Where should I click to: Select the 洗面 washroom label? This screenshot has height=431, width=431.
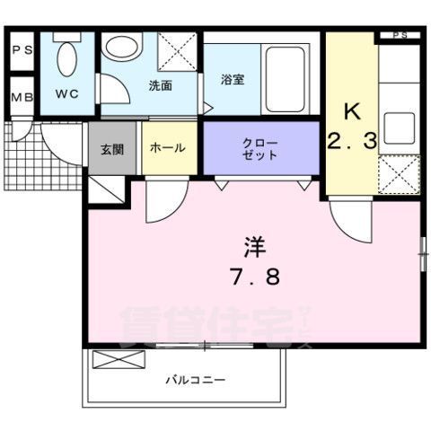click(x=162, y=86)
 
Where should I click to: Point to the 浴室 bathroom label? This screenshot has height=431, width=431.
click(x=233, y=79)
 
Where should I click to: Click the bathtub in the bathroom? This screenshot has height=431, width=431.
click(x=287, y=73)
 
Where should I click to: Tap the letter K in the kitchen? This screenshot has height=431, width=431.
click(x=353, y=113)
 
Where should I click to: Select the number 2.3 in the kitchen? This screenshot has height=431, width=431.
click(x=351, y=142)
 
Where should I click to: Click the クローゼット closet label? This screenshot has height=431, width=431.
click(x=261, y=149)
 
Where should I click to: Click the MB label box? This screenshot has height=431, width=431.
click(x=22, y=97)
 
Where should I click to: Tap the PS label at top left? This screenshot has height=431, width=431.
click(x=22, y=50)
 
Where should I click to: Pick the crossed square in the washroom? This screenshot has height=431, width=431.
click(x=178, y=50)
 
